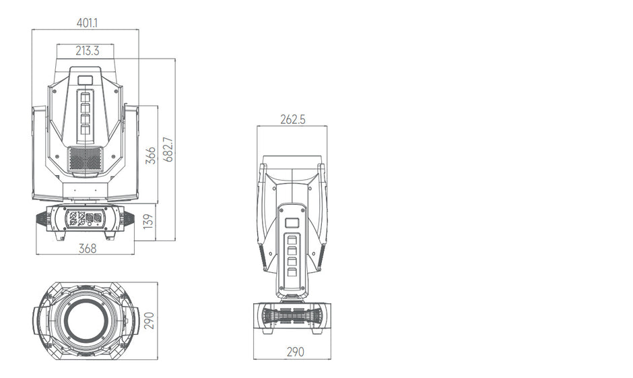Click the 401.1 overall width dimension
pyautogui.click(x=87, y=22)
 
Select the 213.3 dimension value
pyautogui.click(x=87, y=50)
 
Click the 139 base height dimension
pyautogui.click(x=151, y=220)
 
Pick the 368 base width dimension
pyautogui.click(x=87, y=248)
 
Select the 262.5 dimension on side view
pyautogui.click(x=293, y=119)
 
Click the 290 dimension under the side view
pyautogui.click(x=295, y=351)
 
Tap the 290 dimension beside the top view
pyautogui.click(x=150, y=320)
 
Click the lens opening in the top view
pyautogui.click(x=86, y=320)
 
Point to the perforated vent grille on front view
pyautogui.click(x=86, y=160)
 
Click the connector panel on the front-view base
pyautogui.click(x=86, y=219)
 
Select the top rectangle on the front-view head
pyautogui.click(x=86, y=80)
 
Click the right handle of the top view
pyautogui.click(x=133, y=320)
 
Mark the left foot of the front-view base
pyautogui.click(x=59, y=236)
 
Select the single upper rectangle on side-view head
pyautogui.click(x=293, y=223)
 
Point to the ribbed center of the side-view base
pyautogui.click(x=294, y=315)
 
